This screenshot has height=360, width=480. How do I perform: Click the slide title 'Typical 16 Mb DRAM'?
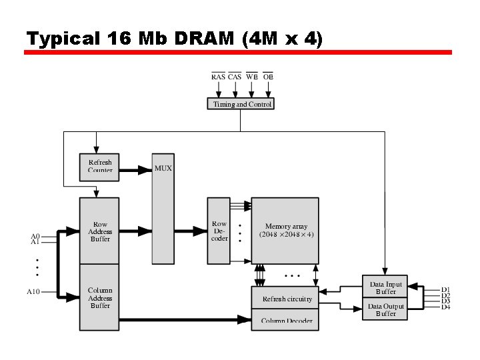click(173, 39)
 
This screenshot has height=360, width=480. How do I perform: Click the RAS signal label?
click(218, 77)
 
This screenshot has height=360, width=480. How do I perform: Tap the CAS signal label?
click(235, 77)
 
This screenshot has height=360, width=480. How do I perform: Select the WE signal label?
click(251, 77)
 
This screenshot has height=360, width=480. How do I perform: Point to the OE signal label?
click(268, 77)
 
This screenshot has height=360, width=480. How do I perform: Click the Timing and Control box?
click(241, 104)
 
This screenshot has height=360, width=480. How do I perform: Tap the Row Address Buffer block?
click(100, 231)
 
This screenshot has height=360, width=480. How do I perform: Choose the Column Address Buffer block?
click(100, 297)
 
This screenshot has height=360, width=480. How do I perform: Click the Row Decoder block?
click(219, 231)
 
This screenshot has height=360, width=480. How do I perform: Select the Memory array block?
click(285, 231)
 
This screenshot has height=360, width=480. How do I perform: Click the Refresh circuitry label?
click(287, 299)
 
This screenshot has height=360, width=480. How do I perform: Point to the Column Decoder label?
click(287, 321)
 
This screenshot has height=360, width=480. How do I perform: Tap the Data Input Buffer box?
click(385, 287)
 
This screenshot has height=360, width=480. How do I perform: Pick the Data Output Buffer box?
click(385, 309)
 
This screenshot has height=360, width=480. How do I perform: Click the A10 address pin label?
click(33, 291)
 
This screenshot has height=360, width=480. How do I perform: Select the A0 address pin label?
click(35, 236)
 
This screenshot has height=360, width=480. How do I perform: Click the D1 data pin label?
click(445, 289)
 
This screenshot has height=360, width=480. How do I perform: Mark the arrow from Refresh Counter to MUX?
click(135, 170)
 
